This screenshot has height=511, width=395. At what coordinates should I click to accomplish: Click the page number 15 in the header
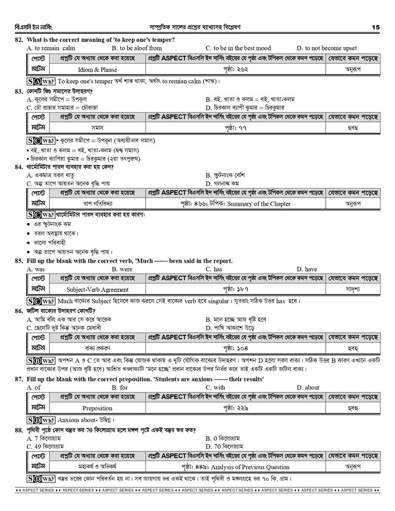click(x=376, y=27)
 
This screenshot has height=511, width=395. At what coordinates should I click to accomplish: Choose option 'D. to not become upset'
click(x=326, y=48)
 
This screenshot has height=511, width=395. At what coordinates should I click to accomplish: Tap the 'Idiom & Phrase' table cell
click(x=98, y=70)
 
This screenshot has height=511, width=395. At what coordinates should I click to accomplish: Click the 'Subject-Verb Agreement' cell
click(x=97, y=290)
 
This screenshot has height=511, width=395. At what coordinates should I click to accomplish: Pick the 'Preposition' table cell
click(x=97, y=408)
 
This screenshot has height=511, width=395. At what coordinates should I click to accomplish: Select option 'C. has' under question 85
click(x=214, y=269)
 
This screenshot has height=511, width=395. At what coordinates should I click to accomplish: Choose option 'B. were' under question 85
click(x=122, y=269)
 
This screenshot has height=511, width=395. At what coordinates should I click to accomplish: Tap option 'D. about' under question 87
click(x=308, y=388)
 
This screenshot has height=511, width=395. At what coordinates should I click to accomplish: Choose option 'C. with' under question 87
click(x=215, y=388)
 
